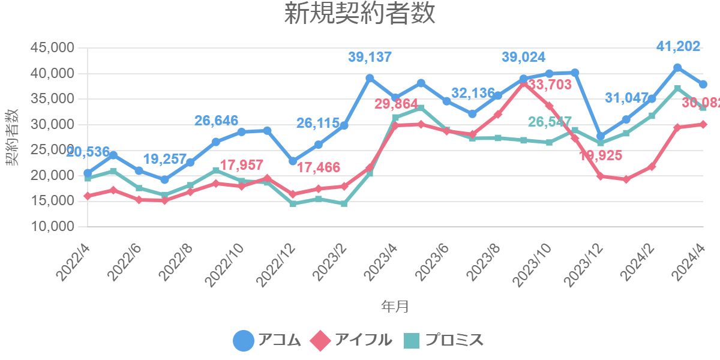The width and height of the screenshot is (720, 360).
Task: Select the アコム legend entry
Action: [267, 340]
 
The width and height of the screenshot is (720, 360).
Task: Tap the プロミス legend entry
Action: [444, 340]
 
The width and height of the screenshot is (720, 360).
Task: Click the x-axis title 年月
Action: [395, 307]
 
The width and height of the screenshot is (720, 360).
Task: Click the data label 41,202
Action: [678, 46]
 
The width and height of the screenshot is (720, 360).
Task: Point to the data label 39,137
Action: [370, 58]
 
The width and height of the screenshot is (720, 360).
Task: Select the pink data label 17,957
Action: [241, 164]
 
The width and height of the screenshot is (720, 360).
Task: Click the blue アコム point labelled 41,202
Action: [677, 68]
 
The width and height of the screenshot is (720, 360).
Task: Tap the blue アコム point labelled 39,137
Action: [370, 78]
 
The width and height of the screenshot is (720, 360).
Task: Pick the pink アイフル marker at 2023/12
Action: [601, 176]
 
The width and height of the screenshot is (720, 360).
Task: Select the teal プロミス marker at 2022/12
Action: [293, 204]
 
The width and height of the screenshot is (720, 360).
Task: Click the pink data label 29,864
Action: [396, 104]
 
